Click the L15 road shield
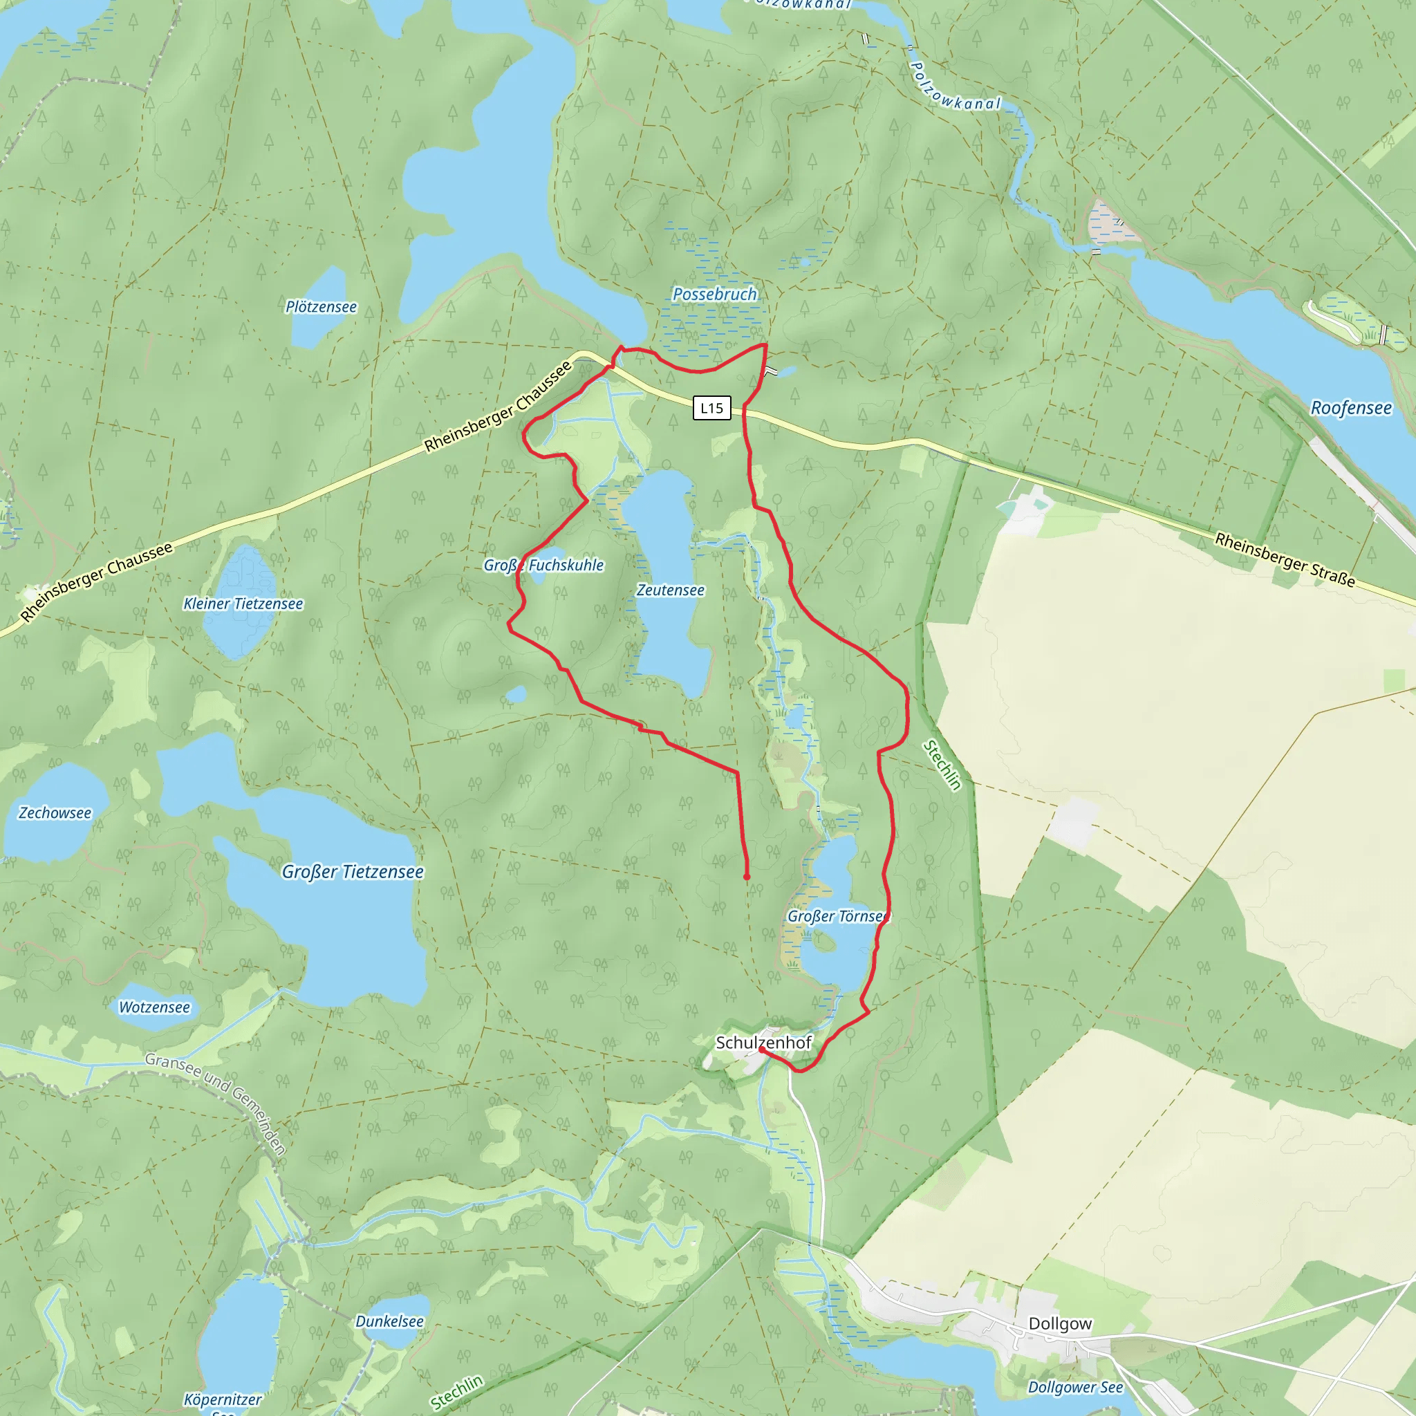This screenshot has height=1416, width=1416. tap(711, 408)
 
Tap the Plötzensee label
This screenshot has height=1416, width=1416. tap(321, 307)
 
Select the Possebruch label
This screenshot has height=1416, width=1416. tap(715, 294)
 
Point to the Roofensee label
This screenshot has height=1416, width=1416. tap(1351, 408)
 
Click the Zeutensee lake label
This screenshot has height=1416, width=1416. tap(670, 590)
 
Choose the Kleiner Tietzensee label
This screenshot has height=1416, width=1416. tap(243, 604)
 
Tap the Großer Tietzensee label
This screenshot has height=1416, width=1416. tap(353, 872)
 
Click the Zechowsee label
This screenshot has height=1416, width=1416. tap(55, 813)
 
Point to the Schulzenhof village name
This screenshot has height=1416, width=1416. tap(764, 1042)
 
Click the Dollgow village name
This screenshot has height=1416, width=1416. tap(1060, 1323)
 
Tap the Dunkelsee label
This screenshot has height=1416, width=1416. tap(389, 1321)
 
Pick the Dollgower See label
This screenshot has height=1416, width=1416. tap(1075, 1387)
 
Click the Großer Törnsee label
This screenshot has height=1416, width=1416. tap(838, 916)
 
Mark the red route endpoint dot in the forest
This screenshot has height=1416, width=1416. tap(747, 877)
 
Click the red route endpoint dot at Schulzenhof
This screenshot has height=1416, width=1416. tap(762, 1050)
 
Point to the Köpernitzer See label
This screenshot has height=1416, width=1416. tap(223, 1400)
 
